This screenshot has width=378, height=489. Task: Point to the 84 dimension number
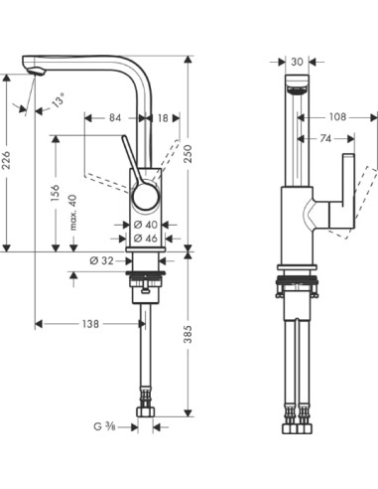[114, 118]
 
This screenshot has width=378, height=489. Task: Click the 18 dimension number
[162, 118]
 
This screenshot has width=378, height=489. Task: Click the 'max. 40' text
[73, 213]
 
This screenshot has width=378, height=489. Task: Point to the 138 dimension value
[90, 324]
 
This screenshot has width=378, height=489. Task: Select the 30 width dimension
[297, 62]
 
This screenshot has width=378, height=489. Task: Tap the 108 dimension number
[338, 116]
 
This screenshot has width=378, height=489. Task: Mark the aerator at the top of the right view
[296, 90]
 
